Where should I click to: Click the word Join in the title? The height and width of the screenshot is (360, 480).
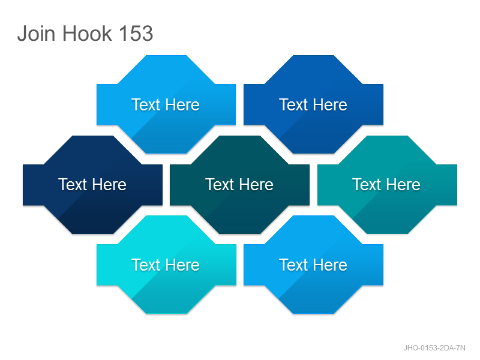[37, 33]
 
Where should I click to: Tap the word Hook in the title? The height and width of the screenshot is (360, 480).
[87, 33]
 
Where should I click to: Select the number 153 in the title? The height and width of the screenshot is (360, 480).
[136, 33]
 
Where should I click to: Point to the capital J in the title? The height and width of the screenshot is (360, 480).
[22, 33]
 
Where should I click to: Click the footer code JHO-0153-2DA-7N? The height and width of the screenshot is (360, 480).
[434, 348]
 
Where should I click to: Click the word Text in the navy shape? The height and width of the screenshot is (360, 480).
[73, 185]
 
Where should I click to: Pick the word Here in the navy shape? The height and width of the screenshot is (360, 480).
[109, 185]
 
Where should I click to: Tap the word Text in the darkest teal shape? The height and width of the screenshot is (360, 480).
[220, 185]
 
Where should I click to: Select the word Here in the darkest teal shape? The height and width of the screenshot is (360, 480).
[256, 185]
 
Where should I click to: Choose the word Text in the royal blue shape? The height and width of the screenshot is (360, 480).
[293, 104]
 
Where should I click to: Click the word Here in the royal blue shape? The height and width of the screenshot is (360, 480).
[330, 104]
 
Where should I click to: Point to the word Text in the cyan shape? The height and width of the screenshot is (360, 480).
[146, 265]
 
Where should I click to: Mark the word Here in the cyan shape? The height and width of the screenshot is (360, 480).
[182, 265]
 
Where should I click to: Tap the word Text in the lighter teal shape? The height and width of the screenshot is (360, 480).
[367, 185]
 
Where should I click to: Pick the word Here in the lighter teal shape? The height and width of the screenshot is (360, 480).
[403, 185]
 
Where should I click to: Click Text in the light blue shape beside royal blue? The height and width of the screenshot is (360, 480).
[146, 104]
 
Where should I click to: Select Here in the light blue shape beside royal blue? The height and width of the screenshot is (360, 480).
[182, 104]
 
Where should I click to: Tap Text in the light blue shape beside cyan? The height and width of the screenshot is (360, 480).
[293, 265]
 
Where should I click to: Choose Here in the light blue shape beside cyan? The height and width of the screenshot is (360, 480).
[330, 265]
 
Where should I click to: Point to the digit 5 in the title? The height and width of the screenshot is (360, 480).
[136, 33]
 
